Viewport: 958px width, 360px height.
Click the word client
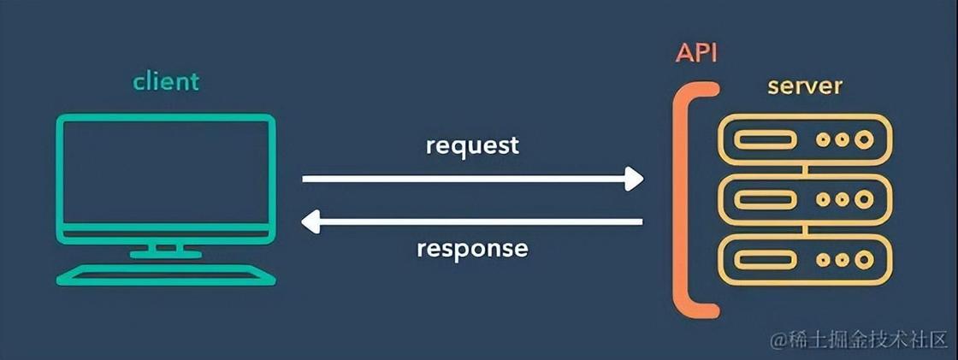(x=166, y=80)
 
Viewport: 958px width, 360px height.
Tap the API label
(x=696, y=54)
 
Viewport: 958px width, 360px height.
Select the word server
(x=805, y=86)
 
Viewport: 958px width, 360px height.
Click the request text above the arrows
(x=472, y=147)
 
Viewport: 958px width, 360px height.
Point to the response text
(x=472, y=249)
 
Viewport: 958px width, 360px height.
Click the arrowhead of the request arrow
(x=634, y=179)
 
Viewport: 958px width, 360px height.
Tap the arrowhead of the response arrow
(x=311, y=221)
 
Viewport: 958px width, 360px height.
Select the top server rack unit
(x=805, y=140)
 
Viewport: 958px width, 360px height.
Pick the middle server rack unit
(x=805, y=200)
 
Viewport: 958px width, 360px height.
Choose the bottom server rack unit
(x=805, y=260)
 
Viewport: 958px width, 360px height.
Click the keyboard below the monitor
(x=166, y=275)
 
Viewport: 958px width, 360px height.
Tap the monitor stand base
(x=166, y=253)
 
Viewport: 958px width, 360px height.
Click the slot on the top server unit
(x=765, y=140)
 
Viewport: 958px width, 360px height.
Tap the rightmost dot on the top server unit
(x=863, y=140)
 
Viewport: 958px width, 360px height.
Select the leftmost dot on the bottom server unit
(x=823, y=260)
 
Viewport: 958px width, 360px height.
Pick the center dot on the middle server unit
(x=842, y=200)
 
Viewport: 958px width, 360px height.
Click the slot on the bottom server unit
(x=765, y=260)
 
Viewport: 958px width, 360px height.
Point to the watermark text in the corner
(x=859, y=340)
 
